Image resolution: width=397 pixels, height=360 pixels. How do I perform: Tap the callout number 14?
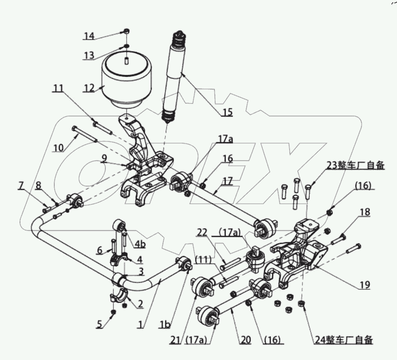(x=89, y=36)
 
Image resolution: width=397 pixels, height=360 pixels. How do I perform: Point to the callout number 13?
(x=89, y=55)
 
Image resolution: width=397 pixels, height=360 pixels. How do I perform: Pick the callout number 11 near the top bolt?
(x=58, y=89)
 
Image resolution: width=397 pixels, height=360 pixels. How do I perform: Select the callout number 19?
(x=365, y=285)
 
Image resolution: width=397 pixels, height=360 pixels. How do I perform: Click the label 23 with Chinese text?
(x=356, y=165)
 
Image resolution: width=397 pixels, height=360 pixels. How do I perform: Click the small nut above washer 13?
(x=125, y=31)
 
